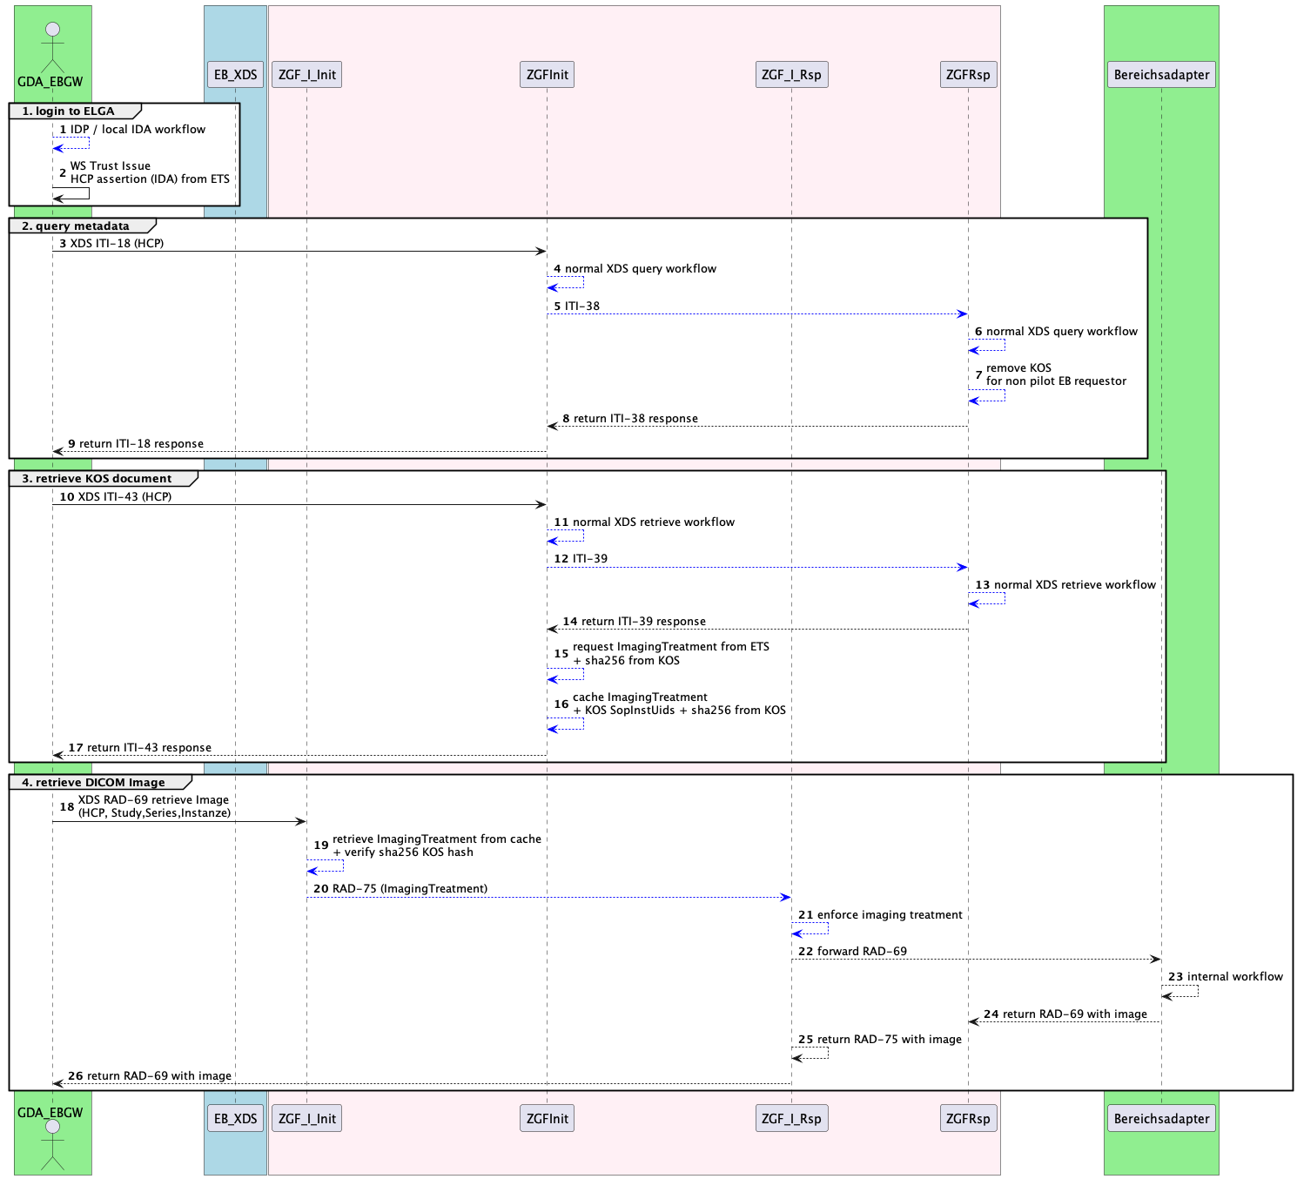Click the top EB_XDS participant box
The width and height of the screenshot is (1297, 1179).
pyautogui.click(x=235, y=75)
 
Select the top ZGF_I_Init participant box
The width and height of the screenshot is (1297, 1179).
pyautogui.click(x=306, y=75)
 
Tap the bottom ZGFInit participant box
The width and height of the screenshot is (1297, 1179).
pyautogui.click(x=547, y=1119)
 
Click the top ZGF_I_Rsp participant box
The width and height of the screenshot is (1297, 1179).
pyautogui.click(x=791, y=75)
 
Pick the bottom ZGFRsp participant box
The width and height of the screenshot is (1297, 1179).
pyautogui.click(x=968, y=1119)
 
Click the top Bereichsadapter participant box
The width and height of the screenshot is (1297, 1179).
pyautogui.click(x=1161, y=75)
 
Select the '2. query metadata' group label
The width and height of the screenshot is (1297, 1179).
pyautogui.click(x=76, y=226)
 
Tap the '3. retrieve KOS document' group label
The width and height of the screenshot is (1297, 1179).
pyautogui.click(x=97, y=479)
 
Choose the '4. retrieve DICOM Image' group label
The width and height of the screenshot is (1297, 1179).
pyautogui.click(x=93, y=783)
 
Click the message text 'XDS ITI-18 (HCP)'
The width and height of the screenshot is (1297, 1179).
pyautogui.click(x=117, y=244)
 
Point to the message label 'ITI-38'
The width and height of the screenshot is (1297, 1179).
pyautogui.click(x=582, y=307)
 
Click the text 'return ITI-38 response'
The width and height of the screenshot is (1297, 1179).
pyautogui.click(x=635, y=419)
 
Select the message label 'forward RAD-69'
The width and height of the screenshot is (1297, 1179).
pyautogui.click(x=862, y=952)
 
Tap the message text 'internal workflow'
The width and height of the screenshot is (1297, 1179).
pyautogui.click(x=1234, y=977)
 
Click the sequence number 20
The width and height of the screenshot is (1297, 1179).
pyautogui.click(x=321, y=889)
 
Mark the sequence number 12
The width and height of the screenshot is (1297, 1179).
pyautogui.click(x=561, y=559)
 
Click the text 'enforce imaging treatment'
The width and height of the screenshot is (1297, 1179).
pyautogui.click(x=890, y=915)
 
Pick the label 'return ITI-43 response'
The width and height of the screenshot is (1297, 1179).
pyautogui.click(x=149, y=748)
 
